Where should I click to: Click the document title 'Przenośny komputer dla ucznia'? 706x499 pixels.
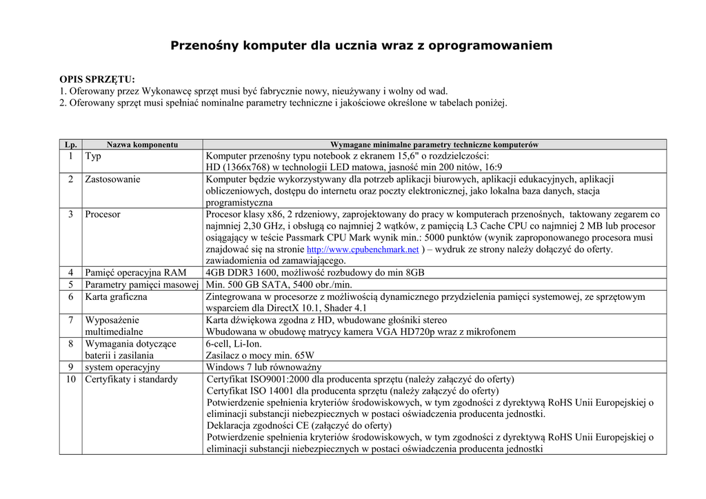361,46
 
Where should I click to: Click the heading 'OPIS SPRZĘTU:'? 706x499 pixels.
97,79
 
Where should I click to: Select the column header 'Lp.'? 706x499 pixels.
70,145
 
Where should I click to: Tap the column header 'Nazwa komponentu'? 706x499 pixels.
142,145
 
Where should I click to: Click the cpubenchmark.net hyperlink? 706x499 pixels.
362,250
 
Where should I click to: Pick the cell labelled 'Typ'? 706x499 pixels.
93,156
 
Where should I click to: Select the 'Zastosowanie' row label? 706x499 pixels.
112,179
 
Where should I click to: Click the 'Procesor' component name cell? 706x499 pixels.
103,214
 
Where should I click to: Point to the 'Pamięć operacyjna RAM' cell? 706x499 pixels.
135,273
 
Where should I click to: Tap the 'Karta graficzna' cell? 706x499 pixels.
116,297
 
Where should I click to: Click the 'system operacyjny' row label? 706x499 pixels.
122,367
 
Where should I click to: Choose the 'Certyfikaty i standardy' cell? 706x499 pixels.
131,379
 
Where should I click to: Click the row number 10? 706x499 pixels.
70,379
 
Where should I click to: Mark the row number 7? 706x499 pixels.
70,320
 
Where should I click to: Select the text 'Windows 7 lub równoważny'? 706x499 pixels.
263,367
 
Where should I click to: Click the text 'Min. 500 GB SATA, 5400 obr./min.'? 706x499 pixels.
279,285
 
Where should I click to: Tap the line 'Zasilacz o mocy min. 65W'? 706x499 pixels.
260,356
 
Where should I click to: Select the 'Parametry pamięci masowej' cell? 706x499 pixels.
141,285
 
